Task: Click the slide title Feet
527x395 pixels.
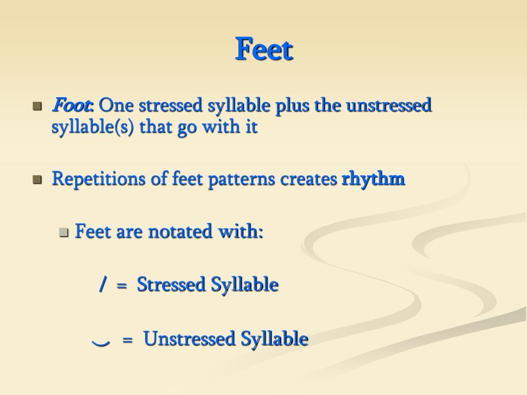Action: click(x=264, y=49)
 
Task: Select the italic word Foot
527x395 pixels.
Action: click(x=71, y=105)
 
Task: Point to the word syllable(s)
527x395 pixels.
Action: click(x=93, y=127)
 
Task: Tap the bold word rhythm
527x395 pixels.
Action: click(x=373, y=179)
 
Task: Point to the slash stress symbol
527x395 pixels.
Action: click(x=103, y=284)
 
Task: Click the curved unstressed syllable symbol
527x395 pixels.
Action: click(x=100, y=342)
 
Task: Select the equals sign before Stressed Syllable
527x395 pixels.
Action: click(x=121, y=285)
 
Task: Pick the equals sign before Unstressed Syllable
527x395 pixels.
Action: click(x=128, y=340)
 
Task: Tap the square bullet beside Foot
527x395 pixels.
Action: click(x=37, y=106)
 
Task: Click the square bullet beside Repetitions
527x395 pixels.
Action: click(x=37, y=179)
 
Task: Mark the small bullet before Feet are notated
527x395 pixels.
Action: click(x=64, y=232)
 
